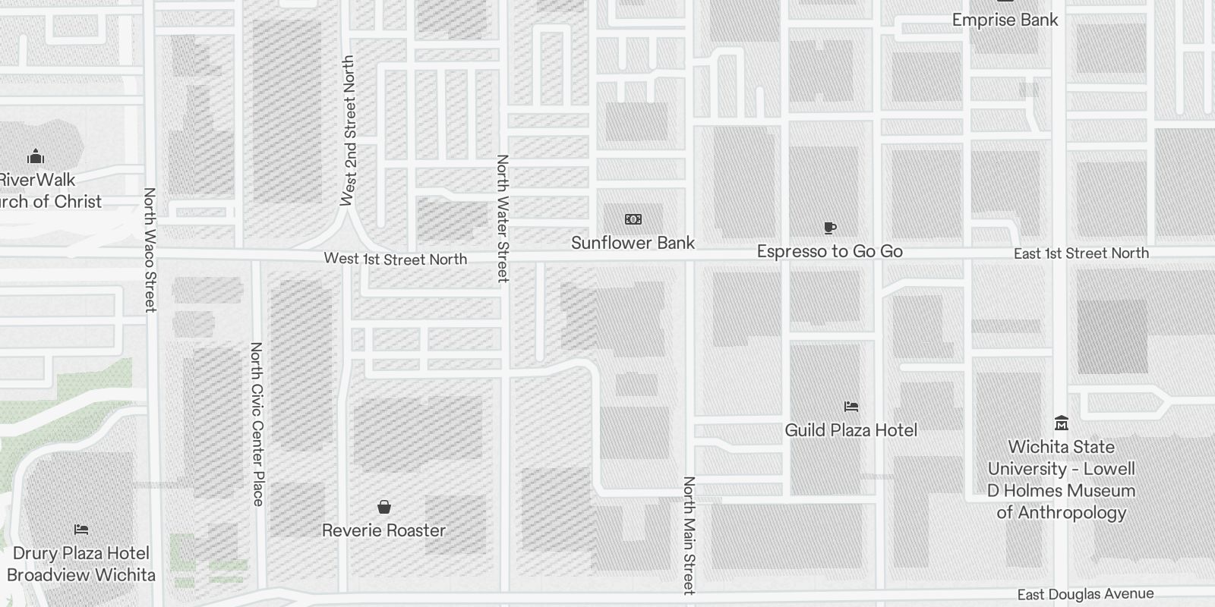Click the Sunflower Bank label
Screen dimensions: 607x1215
(633, 243)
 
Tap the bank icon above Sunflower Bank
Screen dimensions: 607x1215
(633, 219)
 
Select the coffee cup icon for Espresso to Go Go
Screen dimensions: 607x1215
(829, 228)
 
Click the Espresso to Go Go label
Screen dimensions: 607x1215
(829, 251)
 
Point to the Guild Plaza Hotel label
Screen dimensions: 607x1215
(850, 430)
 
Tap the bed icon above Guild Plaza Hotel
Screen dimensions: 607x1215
(850, 407)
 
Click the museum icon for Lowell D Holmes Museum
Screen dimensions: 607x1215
(1062, 423)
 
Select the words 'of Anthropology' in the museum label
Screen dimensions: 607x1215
(1062, 512)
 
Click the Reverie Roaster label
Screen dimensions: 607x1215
(383, 530)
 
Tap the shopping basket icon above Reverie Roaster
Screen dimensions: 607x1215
(384, 507)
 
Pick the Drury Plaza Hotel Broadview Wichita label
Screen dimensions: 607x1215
(81, 564)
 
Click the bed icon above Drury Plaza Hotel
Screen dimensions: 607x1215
(81, 529)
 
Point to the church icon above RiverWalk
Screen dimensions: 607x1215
(36, 157)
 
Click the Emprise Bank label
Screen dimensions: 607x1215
(1005, 20)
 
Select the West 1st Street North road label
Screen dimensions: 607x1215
(395, 259)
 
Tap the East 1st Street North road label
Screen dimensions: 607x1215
(1081, 253)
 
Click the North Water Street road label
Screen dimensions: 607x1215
(502, 219)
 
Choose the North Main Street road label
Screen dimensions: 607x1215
(689, 535)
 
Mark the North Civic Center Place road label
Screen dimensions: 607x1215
(257, 424)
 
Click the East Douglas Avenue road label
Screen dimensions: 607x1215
(1085, 594)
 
